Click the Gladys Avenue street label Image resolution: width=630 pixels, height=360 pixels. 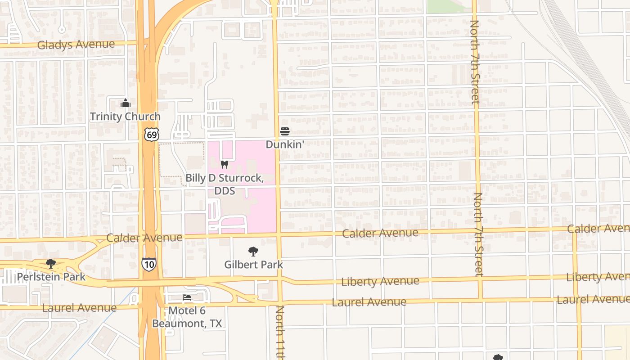pyautogui.click(x=76, y=45)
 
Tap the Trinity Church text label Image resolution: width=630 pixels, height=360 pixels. pyautogui.click(x=125, y=117)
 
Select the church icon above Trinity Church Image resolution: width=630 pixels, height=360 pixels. pyautogui.click(x=126, y=103)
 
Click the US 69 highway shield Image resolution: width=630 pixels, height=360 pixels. pyautogui.click(x=152, y=134)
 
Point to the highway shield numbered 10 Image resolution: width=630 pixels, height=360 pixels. pyautogui.click(x=149, y=264)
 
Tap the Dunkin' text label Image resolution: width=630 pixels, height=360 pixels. pyautogui.click(x=284, y=144)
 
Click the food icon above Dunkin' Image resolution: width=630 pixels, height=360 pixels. pyautogui.click(x=284, y=131)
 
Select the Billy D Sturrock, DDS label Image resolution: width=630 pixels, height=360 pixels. pyautogui.click(x=225, y=184)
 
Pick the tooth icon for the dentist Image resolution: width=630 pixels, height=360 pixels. pyautogui.click(x=225, y=165)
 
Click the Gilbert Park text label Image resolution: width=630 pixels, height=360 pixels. pyautogui.click(x=254, y=265)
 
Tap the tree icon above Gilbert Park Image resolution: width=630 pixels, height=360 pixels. pyautogui.click(x=253, y=251)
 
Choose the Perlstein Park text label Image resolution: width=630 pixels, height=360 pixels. pyautogui.click(x=51, y=276)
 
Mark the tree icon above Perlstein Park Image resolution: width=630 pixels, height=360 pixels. pyautogui.click(x=51, y=263)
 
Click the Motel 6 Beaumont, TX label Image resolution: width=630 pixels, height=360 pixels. pyautogui.click(x=187, y=317)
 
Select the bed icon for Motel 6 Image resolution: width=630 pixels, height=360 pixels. pyautogui.click(x=187, y=297)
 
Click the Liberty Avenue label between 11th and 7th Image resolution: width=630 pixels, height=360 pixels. pyautogui.click(x=380, y=282)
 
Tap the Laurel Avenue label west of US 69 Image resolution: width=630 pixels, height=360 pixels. pyautogui.click(x=79, y=308)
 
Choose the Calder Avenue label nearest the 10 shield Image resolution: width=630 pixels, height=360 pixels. pyautogui.click(x=144, y=238)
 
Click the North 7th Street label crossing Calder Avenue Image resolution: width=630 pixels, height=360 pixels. pyautogui.click(x=478, y=234)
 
